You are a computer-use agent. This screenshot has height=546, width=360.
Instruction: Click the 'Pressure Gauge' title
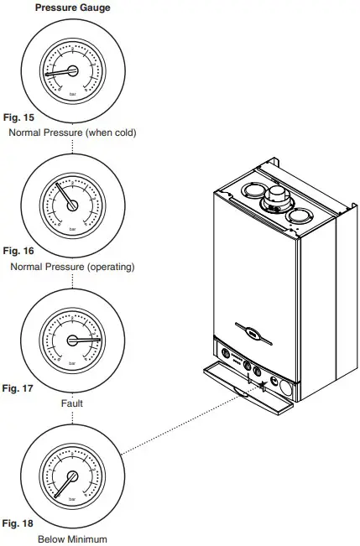[72, 8]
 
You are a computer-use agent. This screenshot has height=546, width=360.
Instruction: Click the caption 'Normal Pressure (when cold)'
[71, 133]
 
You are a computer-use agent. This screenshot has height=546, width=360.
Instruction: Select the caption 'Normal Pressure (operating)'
[72, 267]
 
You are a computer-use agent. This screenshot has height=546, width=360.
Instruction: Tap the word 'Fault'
[72, 403]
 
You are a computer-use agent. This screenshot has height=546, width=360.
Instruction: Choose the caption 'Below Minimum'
[72, 538]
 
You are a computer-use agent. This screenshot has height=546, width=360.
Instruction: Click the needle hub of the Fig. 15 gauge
[72, 72]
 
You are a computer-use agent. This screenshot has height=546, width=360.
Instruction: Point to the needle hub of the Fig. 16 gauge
[72, 204]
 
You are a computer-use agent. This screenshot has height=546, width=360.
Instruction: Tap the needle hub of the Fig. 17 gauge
[72, 340]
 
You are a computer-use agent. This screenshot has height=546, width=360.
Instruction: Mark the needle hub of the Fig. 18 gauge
[72, 476]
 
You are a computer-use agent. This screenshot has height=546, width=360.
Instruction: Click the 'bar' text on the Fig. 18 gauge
[72, 500]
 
